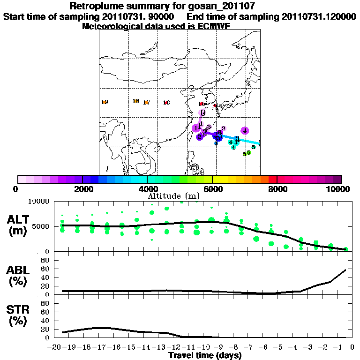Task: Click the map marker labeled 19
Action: point(105,102)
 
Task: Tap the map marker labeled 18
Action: point(136,101)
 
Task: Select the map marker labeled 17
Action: point(146,103)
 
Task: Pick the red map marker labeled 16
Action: point(166,103)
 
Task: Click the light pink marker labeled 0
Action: point(203,113)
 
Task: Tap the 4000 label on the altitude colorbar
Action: point(147,189)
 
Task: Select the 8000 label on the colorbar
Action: point(277,189)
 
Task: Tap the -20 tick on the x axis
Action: point(55,347)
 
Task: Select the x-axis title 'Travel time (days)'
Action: point(205,356)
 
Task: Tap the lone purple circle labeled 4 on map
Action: point(245,131)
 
